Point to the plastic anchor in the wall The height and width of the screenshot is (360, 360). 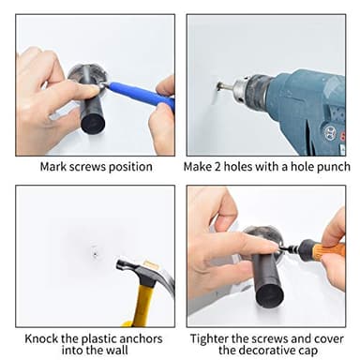coord(95,253)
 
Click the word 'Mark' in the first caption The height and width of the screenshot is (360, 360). coord(52,167)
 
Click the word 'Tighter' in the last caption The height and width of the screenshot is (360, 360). coord(209,339)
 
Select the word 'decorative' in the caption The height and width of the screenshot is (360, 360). coord(268,351)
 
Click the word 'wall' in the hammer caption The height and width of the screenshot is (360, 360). coord(117,350)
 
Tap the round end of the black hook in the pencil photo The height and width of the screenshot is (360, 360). coord(92,124)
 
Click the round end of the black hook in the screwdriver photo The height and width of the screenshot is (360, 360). coord(270,294)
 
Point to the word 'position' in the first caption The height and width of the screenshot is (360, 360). coord(130,167)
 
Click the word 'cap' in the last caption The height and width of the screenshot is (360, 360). coord(307,352)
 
